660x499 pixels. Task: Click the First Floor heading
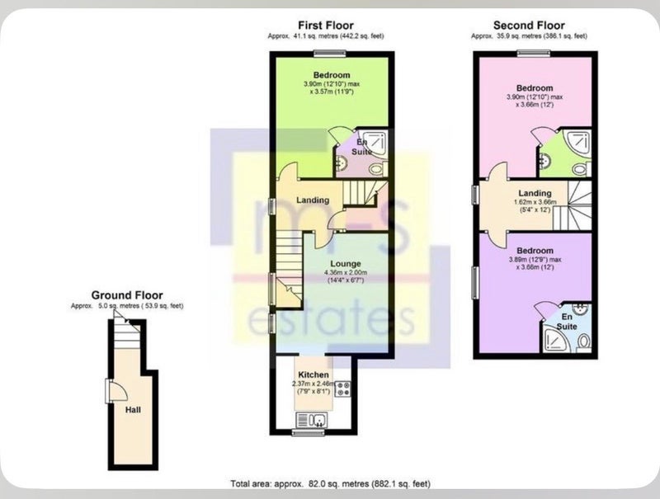(x=326, y=26)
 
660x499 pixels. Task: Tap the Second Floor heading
(x=529, y=26)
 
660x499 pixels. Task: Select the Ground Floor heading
(x=127, y=295)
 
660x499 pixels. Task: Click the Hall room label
(x=133, y=410)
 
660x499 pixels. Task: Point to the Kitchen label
(x=313, y=374)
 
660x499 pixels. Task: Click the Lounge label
(x=346, y=264)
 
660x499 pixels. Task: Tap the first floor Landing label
(x=313, y=200)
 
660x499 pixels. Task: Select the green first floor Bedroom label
(x=332, y=75)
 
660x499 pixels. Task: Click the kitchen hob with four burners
(x=342, y=388)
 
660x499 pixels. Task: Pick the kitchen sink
(x=312, y=420)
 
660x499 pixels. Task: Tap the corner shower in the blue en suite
(x=556, y=341)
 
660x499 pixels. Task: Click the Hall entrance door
(x=117, y=390)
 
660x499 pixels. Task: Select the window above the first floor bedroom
(x=329, y=53)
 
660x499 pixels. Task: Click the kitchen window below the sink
(x=309, y=431)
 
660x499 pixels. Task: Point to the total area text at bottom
(x=331, y=484)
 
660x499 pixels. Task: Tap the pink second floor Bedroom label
(x=535, y=88)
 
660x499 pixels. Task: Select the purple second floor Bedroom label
(x=535, y=251)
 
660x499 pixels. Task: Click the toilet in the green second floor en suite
(x=580, y=170)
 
